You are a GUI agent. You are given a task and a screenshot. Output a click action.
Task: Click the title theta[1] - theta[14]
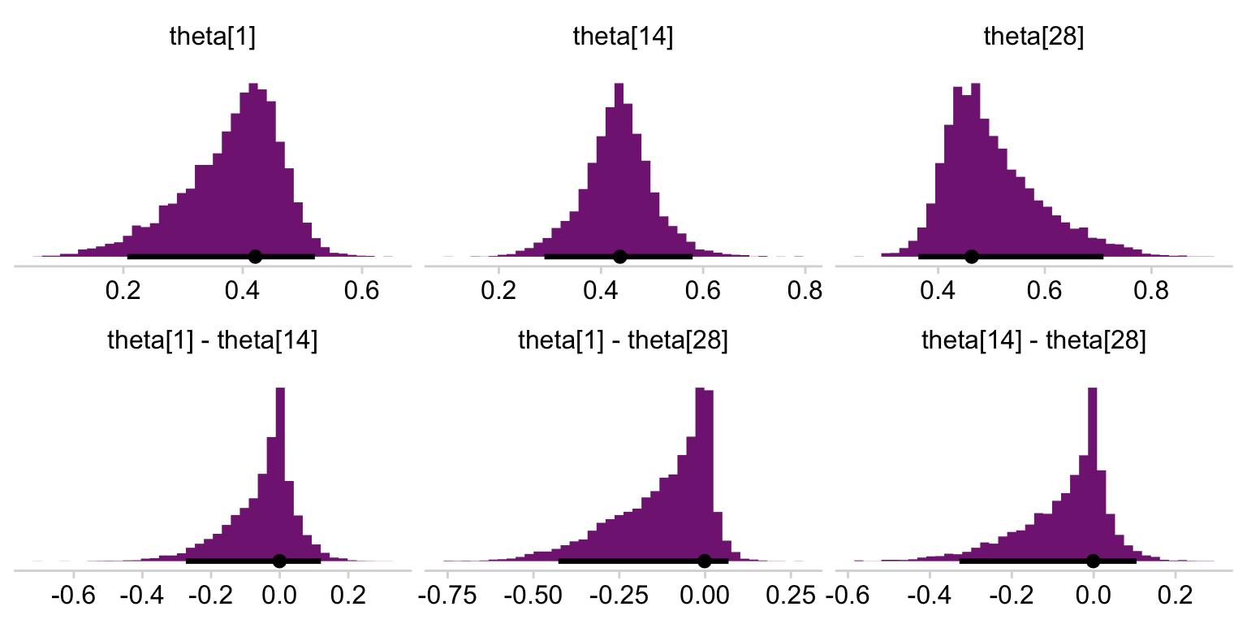click(x=212, y=342)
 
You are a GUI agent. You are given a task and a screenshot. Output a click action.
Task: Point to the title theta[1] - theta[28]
click(x=623, y=342)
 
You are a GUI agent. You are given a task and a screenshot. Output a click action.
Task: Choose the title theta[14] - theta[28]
click(x=1033, y=342)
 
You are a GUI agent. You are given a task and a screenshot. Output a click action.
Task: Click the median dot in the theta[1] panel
click(x=255, y=257)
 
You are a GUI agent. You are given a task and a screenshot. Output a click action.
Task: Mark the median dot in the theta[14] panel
click(x=620, y=257)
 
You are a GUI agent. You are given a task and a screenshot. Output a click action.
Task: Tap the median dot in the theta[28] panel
click(x=972, y=257)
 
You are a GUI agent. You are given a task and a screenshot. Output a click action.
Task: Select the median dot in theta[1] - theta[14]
click(x=279, y=561)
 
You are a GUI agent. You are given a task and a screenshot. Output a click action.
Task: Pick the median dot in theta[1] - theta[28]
click(x=704, y=561)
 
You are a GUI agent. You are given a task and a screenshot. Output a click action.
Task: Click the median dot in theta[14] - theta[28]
click(x=1093, y=561)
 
